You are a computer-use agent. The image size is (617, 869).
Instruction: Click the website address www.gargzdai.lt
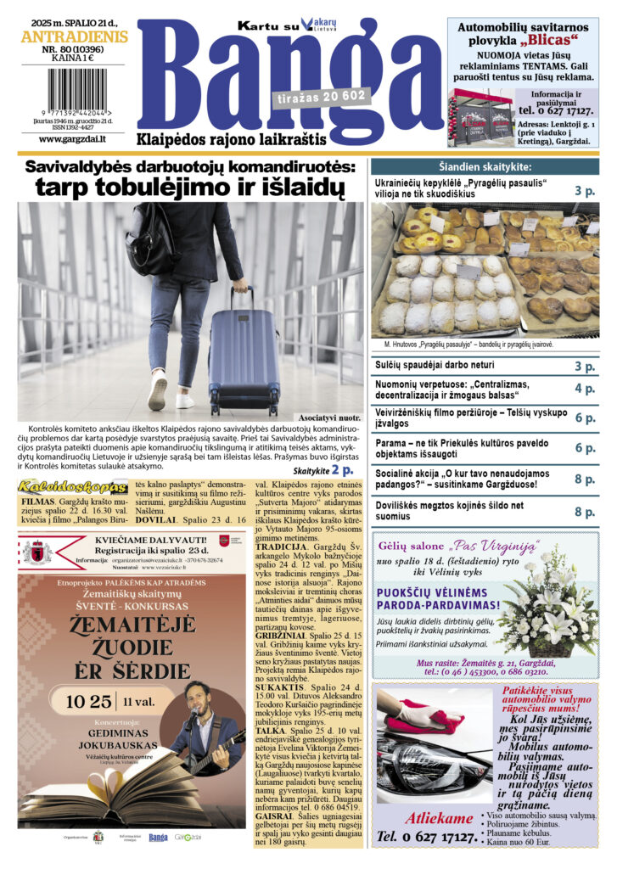pyautogui.click(x=72, y=138)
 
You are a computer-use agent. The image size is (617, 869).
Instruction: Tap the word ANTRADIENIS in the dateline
pyautogui.click(x=74, y=37)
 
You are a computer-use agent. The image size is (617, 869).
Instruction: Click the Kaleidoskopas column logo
pyautogui.click(x=72, y=487)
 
